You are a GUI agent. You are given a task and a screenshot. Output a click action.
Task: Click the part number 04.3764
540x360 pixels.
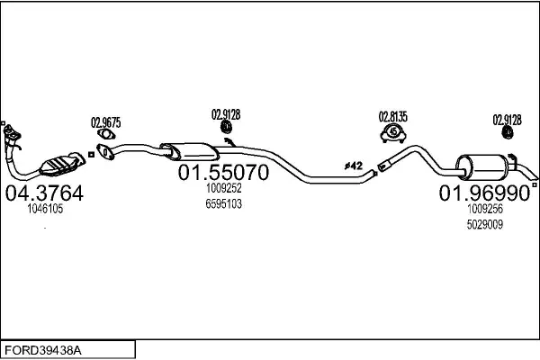tap(44, 193)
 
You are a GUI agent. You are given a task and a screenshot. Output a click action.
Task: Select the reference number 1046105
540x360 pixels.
tap(45, 209)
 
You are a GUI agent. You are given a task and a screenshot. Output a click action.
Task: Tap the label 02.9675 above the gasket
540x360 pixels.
tap(105, 122)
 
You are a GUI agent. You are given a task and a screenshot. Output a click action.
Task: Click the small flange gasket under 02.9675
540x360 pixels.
tap(106, 134)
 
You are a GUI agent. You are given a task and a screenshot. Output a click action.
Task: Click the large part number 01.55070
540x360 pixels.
tap(223, 172)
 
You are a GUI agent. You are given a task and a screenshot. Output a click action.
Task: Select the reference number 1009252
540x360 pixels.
tap(224, 188)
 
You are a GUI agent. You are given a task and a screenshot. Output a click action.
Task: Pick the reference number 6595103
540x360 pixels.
tap(224, 204)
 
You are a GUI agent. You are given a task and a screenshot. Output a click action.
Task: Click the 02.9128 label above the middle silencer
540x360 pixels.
tap(226, 114)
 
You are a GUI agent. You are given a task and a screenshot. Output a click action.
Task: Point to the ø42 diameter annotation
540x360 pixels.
tap(354, 166)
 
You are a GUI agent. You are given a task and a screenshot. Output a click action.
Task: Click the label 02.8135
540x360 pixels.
tap(393, 117)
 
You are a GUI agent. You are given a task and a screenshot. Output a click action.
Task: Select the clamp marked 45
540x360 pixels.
tap(393, 133)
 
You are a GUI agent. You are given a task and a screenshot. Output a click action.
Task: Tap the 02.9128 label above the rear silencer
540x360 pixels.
tap(507, 120)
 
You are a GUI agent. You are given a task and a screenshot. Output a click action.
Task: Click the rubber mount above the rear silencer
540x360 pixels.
tap(508, 132)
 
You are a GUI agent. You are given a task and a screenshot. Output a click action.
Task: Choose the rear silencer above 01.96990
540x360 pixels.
tap(482, 166)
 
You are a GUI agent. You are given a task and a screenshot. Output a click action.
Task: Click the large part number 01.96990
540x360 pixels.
tap(484, 193)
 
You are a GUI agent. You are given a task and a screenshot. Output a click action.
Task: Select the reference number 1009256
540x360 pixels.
tap(485, 209)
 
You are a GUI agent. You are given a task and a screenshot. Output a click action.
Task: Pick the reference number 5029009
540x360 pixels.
tap(485, 225)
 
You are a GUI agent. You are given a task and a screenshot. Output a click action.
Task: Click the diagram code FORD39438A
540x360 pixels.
tap(43, 350)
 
